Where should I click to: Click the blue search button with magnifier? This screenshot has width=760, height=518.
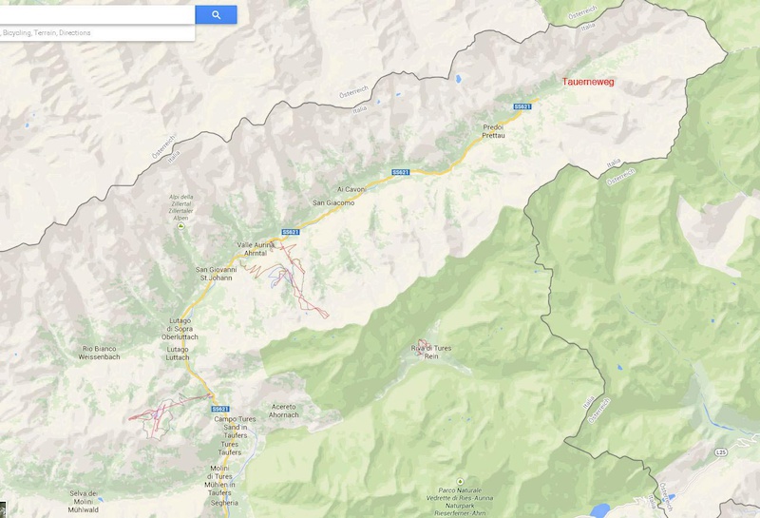pos(216,14)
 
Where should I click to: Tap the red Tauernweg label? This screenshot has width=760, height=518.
pos(588,82)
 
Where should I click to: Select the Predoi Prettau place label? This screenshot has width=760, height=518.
pos(493,131)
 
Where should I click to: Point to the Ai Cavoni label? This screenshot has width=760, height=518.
pos(351,189)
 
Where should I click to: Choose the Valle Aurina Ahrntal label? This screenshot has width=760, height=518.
pos(256,249)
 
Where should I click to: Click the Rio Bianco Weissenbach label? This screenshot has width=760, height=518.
pos(101,353)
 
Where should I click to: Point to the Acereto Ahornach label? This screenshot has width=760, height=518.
pos(285,411)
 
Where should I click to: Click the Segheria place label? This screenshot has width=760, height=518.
pos(225,502)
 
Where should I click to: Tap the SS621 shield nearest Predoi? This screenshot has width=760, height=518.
pos(522,106)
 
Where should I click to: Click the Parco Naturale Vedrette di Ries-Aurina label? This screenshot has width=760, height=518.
pos(460,503)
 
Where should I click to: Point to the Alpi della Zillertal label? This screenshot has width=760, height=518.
pos(180,205)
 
